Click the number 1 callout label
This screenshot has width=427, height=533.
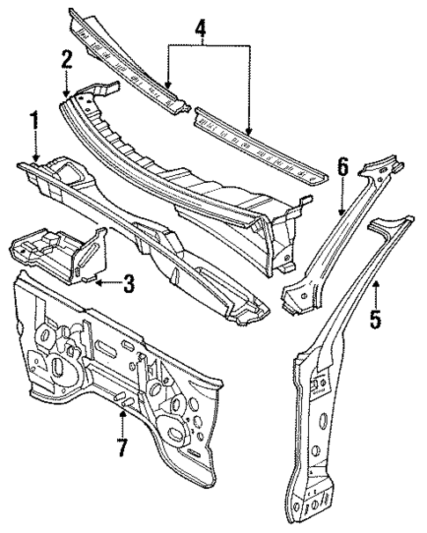pyautogui.click(x=35, y=120)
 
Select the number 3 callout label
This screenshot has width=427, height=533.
pyautogui.click(x=128, y=283)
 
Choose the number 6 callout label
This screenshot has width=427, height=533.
pyautogui.click(x=342, y=165)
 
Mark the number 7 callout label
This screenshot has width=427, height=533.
pyautogui.click(x=121, y=446)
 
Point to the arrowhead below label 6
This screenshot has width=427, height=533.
pyautogui.click(x=342, y=211)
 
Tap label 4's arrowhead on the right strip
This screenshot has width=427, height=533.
pyautogui.click(x=250, y=132)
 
